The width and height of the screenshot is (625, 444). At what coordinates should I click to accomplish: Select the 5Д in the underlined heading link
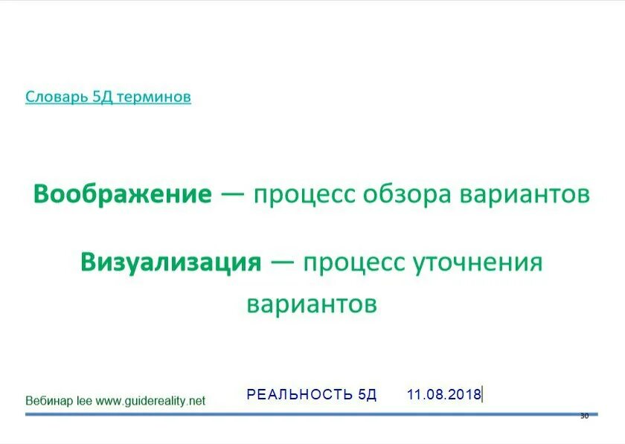[103, 97]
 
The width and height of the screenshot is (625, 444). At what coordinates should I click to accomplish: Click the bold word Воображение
[123, 194]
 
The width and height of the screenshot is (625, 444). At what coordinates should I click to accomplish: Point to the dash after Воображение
[233, 194]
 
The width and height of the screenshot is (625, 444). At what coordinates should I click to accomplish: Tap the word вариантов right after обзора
[525, 194]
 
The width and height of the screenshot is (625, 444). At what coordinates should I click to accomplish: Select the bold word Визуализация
[171, 262]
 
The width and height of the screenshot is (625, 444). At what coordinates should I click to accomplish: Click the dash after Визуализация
[282, 262]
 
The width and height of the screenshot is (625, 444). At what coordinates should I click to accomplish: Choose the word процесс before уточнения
[353, 263]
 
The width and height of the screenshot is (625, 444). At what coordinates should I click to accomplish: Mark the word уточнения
[478, 263]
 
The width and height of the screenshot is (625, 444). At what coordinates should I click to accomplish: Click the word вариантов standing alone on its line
[312, 304]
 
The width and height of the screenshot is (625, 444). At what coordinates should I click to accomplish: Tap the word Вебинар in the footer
[49, 401]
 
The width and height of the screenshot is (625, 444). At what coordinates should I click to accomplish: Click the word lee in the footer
[85, 401]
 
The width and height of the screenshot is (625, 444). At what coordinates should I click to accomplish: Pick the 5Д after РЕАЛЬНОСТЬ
[367, 394]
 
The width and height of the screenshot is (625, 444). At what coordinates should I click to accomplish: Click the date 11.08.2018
[443, 394]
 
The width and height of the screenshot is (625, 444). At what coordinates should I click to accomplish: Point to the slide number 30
[583, 416]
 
